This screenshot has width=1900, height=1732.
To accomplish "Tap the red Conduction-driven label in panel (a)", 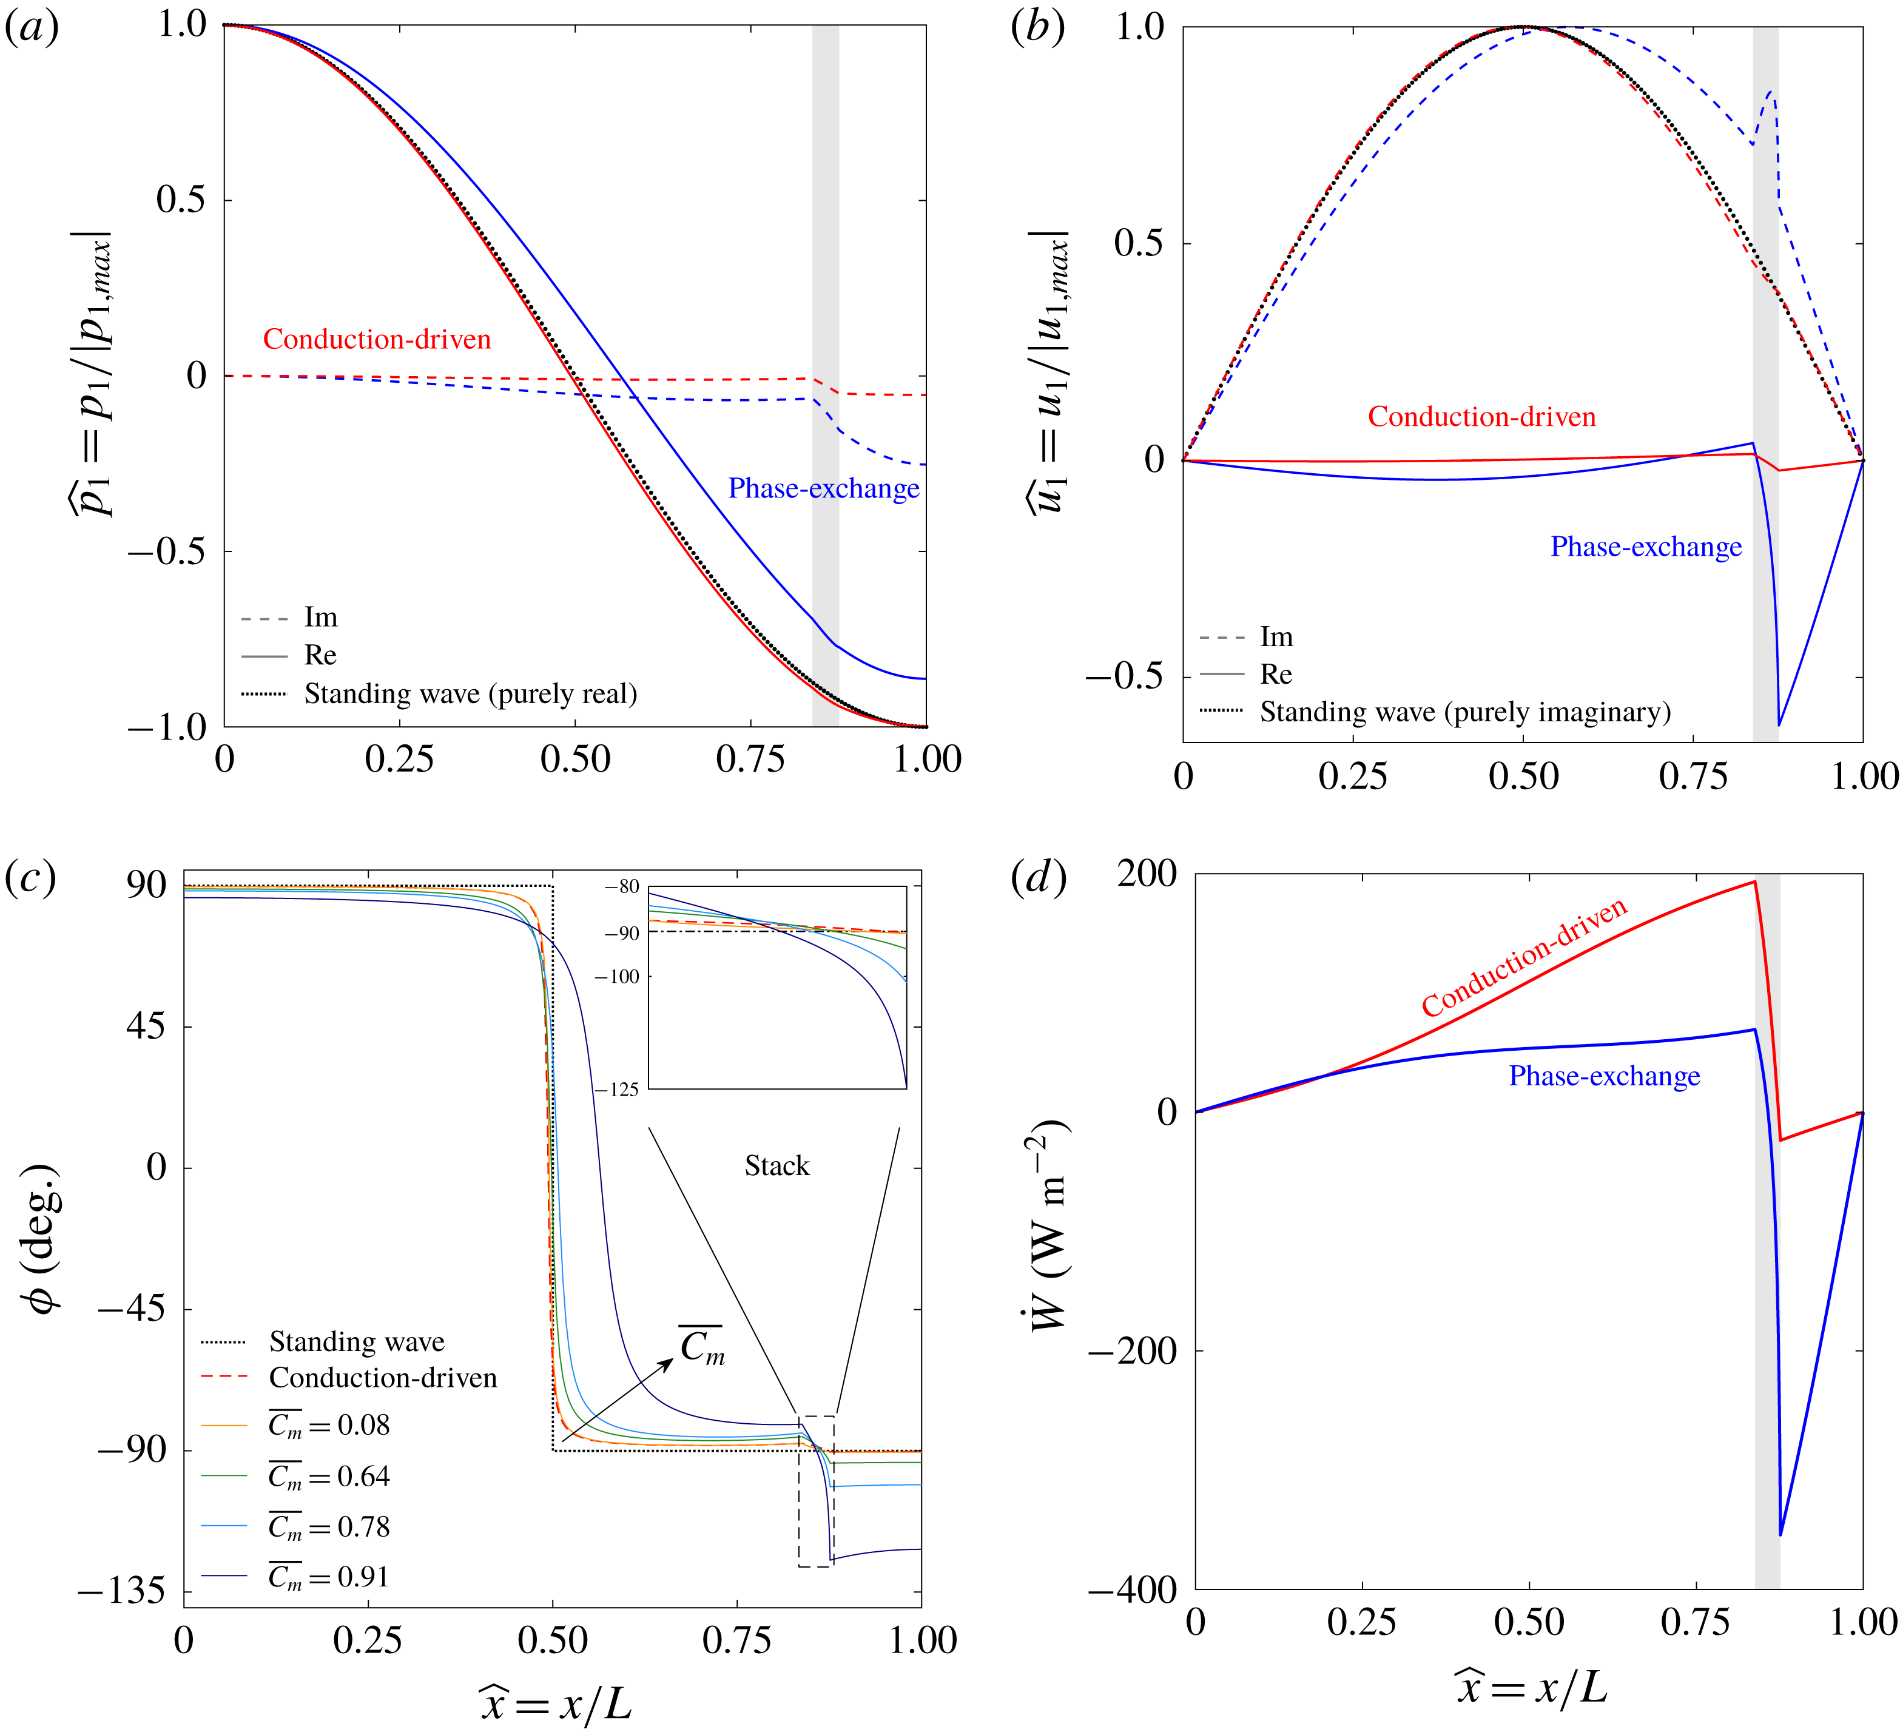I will pos(377,339).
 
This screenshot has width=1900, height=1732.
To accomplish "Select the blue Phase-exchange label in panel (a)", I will pos(823,488).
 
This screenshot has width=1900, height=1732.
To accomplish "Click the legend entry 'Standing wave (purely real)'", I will pos(470,695).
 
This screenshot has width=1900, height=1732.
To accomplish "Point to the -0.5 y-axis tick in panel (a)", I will pos(166,551).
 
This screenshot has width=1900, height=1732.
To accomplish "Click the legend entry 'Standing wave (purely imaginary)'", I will pos(1464,712).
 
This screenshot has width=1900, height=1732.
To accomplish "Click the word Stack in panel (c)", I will pos(777,1167).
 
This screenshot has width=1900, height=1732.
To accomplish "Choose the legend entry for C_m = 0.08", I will pos(328,1426).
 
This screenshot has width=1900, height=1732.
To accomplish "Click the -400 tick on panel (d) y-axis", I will pos(1132,1589).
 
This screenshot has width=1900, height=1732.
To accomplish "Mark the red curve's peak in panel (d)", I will pos(1754,882).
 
